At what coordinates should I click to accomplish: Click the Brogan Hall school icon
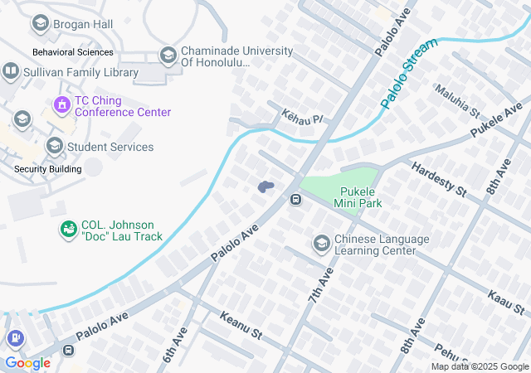(39, 24)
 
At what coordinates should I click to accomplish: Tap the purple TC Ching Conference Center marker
(61, 104)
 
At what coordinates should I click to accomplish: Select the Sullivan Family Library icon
(11, 70)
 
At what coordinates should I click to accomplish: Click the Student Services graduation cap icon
(54, 147)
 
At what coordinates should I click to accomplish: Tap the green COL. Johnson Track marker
(68, 229)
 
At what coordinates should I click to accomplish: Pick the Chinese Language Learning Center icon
(321, 244)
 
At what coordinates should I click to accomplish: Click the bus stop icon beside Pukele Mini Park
(295, 200)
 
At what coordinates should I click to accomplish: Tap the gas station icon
(14, 338)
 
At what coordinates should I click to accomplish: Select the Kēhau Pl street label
(300, 117)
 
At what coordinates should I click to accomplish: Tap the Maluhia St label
(457, 100)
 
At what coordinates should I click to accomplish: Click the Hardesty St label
(438, 177)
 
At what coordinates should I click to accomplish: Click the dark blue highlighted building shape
(265, 187)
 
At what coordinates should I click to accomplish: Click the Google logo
(27, 362)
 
